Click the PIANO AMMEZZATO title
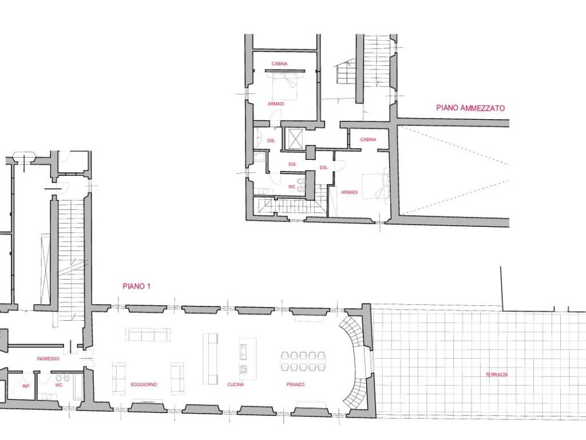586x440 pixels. click(470, 108)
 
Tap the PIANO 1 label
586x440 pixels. click(136, 286)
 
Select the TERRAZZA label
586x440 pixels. click(497, 375)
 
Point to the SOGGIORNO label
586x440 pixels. click(144, 384)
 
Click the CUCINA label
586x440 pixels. click(235, 384)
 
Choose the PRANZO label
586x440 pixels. click(296, 384)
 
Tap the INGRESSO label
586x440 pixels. click(48, 359)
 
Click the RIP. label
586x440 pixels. click(26, 386)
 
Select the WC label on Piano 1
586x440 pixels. click(59, 385)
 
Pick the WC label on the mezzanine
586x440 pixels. click(292, 187)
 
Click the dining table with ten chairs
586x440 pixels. click(303, 362)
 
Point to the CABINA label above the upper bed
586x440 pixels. click(279, 64)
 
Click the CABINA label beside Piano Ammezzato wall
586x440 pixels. click(368, 140)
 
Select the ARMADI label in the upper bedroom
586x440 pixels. click(276, 104)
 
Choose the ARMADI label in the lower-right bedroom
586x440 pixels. click(350, 192)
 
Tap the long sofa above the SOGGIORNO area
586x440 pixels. click(148, 335)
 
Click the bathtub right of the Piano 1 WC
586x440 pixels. click(79, 386)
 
